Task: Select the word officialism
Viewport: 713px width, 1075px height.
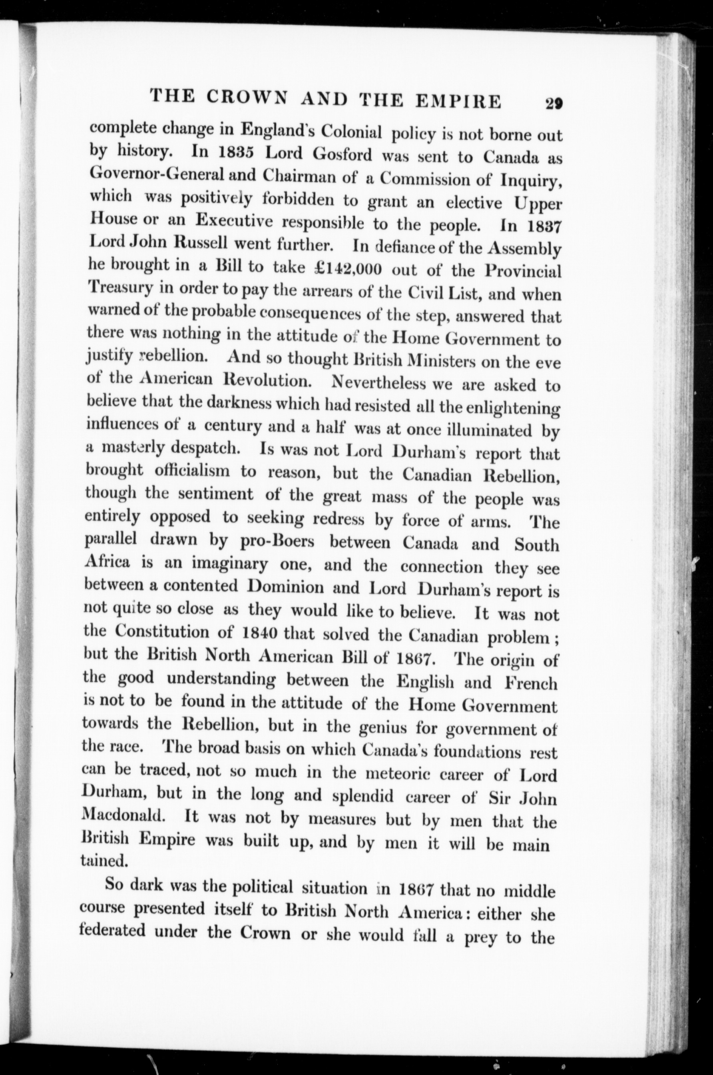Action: pos(192,470)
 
